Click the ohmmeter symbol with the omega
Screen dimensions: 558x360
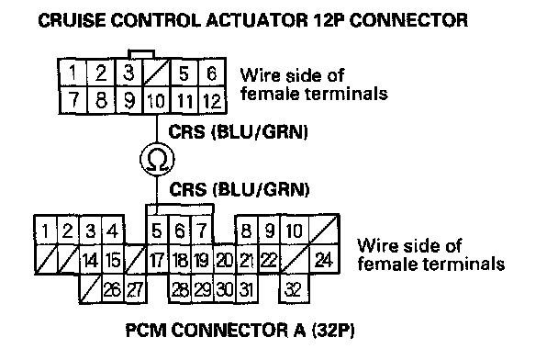coord(157,159)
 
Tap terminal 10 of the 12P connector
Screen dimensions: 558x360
coord(157,100)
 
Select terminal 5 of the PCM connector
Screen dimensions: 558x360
coord(157,230)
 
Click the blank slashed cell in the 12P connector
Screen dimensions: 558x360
coord(157,73)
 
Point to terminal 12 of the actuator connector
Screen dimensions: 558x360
coord(212,100)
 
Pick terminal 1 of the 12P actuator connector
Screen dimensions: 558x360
coord(73,73)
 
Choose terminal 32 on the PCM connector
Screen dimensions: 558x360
coord(294,288)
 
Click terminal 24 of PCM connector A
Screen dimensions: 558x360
coord(324,259)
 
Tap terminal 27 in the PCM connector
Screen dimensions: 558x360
coord(135,288)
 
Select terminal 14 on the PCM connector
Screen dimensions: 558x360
coord(90,259)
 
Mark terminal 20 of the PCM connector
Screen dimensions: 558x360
coord(224,259)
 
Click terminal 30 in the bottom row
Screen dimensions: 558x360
coord(224,288)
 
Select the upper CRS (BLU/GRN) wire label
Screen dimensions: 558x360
coord(238,131)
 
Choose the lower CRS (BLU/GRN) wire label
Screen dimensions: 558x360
coord(240,189)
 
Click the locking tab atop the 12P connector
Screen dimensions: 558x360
coord(141,54)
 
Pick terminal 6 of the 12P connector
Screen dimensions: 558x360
coord(212,73)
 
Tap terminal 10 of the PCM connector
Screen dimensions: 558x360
coord(295,230)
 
